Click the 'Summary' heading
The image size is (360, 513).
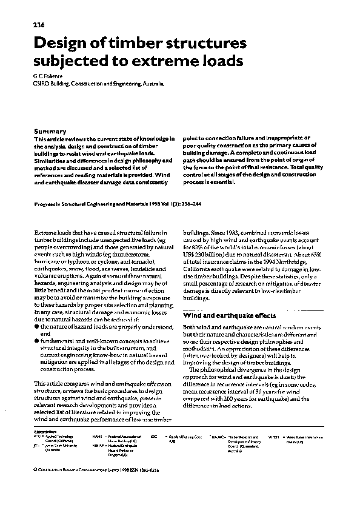(50, 131)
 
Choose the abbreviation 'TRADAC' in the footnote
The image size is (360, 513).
(217, 436)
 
